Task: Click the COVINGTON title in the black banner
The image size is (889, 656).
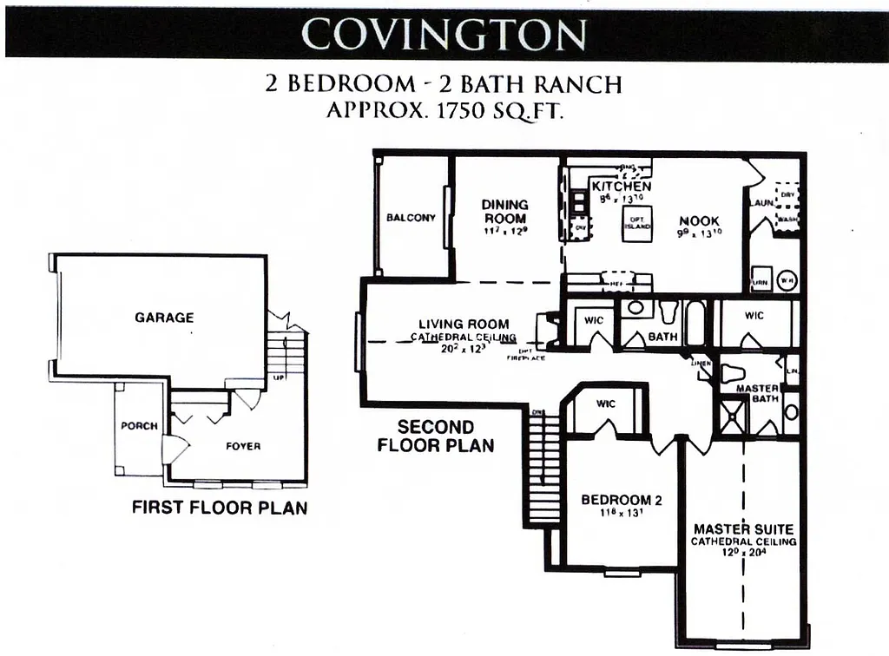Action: (x=444, y=35)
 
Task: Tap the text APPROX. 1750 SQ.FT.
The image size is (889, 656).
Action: (x=444, y=112)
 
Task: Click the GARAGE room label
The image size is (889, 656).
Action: (x=164, y=318)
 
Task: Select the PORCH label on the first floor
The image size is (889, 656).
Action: (x=139, y=426)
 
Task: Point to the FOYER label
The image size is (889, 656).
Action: (x=243, y=447)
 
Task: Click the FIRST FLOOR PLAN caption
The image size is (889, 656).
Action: (x=220, y=508)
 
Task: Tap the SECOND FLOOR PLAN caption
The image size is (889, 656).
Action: (x=436, y=436)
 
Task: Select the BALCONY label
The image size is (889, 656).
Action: (x=411, y=218)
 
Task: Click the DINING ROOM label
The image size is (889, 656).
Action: (x=504, y=212)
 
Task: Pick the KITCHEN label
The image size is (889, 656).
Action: (x=622, y=187)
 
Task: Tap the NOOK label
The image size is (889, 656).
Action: (x=700, y=221)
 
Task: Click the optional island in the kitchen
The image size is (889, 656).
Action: (x=637, y=225)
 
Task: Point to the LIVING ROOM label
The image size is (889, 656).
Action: (x=464, y=325)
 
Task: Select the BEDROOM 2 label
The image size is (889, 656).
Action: (x=621, y=500)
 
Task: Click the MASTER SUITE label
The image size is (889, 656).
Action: (x=743, y=528)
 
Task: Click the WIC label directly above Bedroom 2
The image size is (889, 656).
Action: (x=606, y=404)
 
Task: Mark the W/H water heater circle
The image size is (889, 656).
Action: (x=786, y=281)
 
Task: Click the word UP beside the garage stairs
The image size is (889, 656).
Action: (x=278, y=379)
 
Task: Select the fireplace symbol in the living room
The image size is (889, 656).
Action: (x=548, y=330)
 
